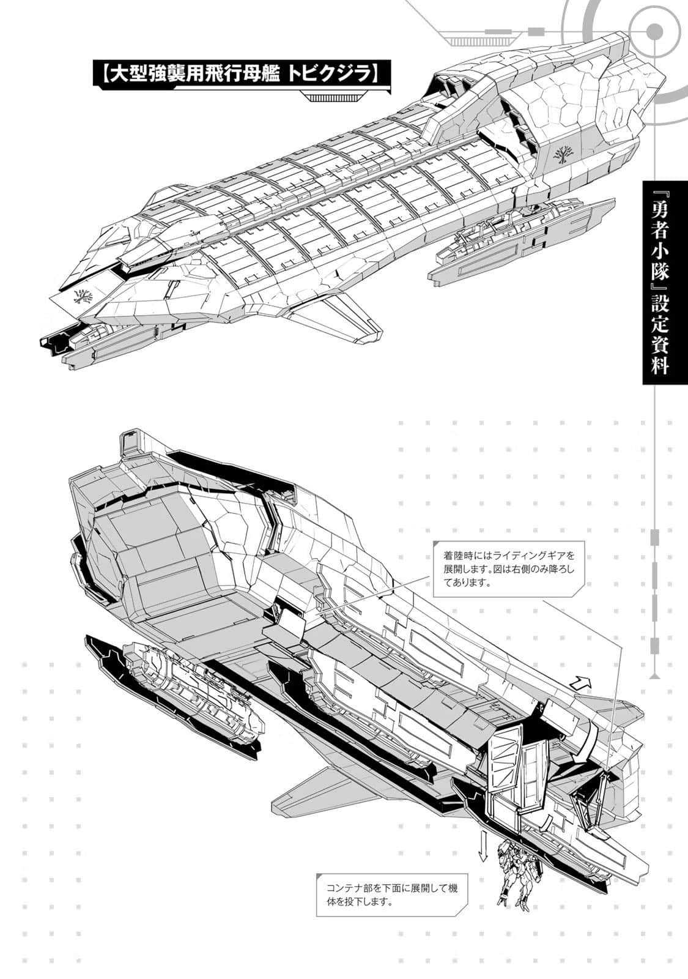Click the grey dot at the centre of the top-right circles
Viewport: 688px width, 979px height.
(x=654, y=30)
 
